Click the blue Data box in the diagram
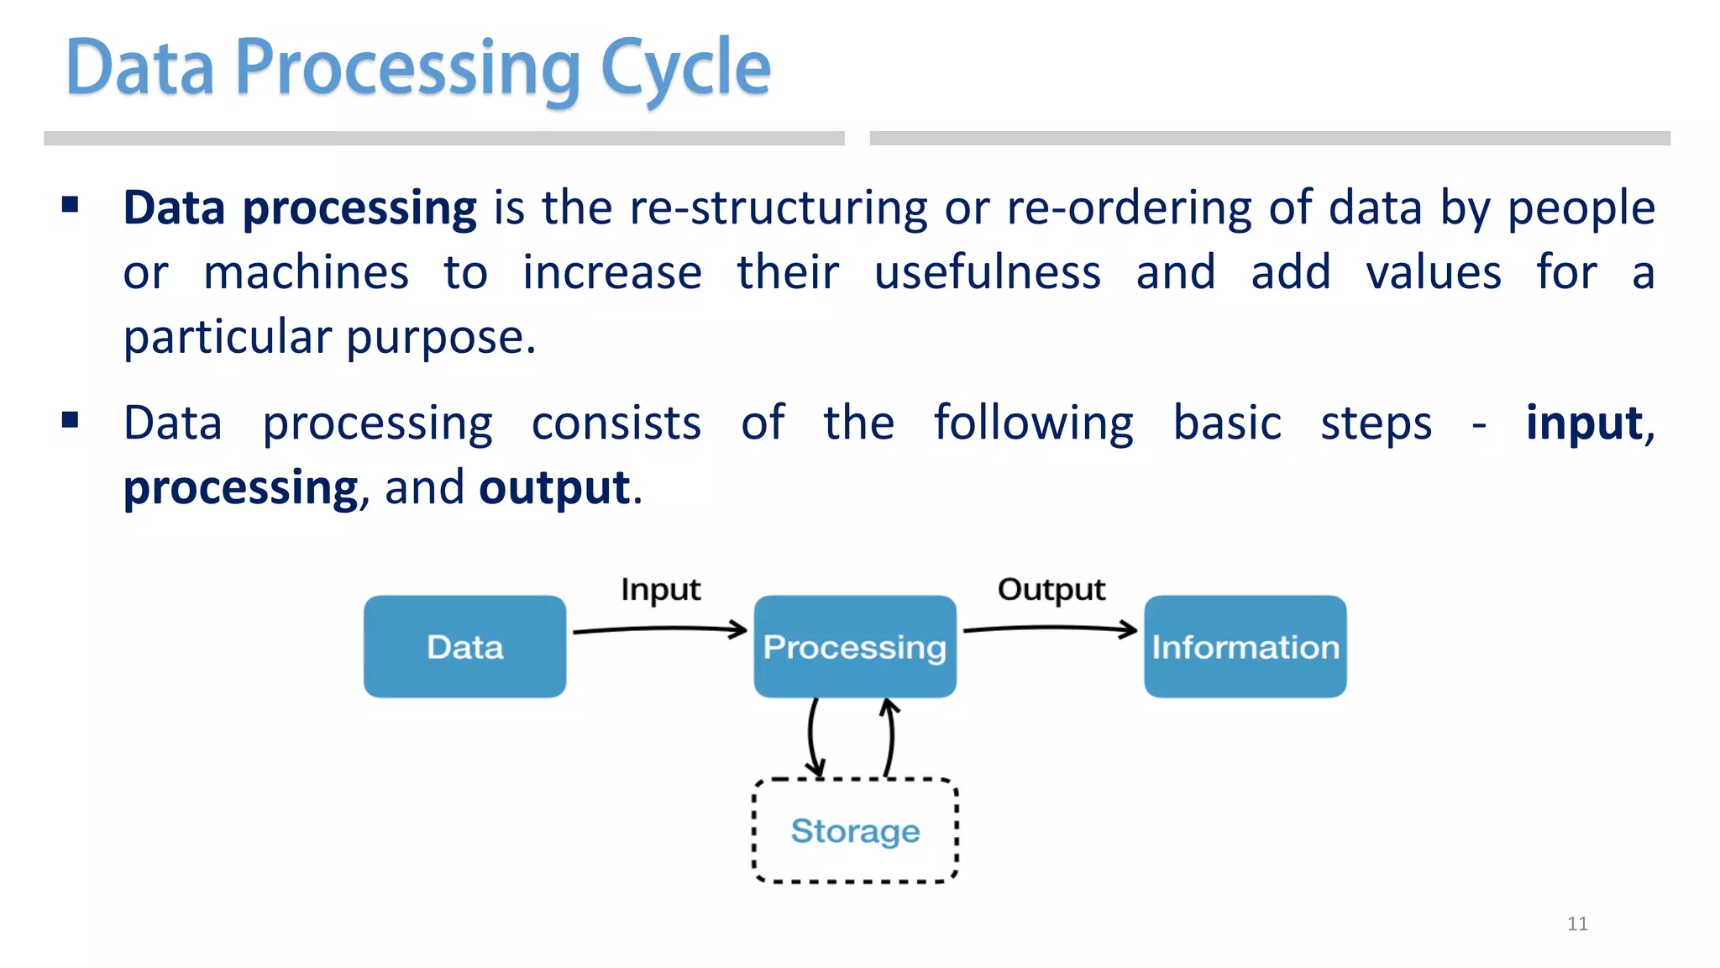click(x=464, y=646)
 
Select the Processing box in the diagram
click(x=854, y=646)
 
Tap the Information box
click(x=1245, y=646)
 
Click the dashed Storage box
click(x=855, y=830)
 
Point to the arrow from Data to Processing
click(x=659, y=629)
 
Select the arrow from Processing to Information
click(x=1050, y=628)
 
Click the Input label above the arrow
click(x=660, y=590)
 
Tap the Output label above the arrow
click(x=1051, y=590)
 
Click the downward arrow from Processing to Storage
click(x=812, y=736)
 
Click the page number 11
click(x=1577, y=923)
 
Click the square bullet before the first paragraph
click(x=71, y=204)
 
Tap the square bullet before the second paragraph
click(x=71, y=419)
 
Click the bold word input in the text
click(x=1583, y=423)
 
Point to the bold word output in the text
click(x=554, y=487)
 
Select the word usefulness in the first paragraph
click(x=987, y=272)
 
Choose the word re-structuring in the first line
click(x=779, y=208)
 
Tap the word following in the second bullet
click(x=1033, y=423)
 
